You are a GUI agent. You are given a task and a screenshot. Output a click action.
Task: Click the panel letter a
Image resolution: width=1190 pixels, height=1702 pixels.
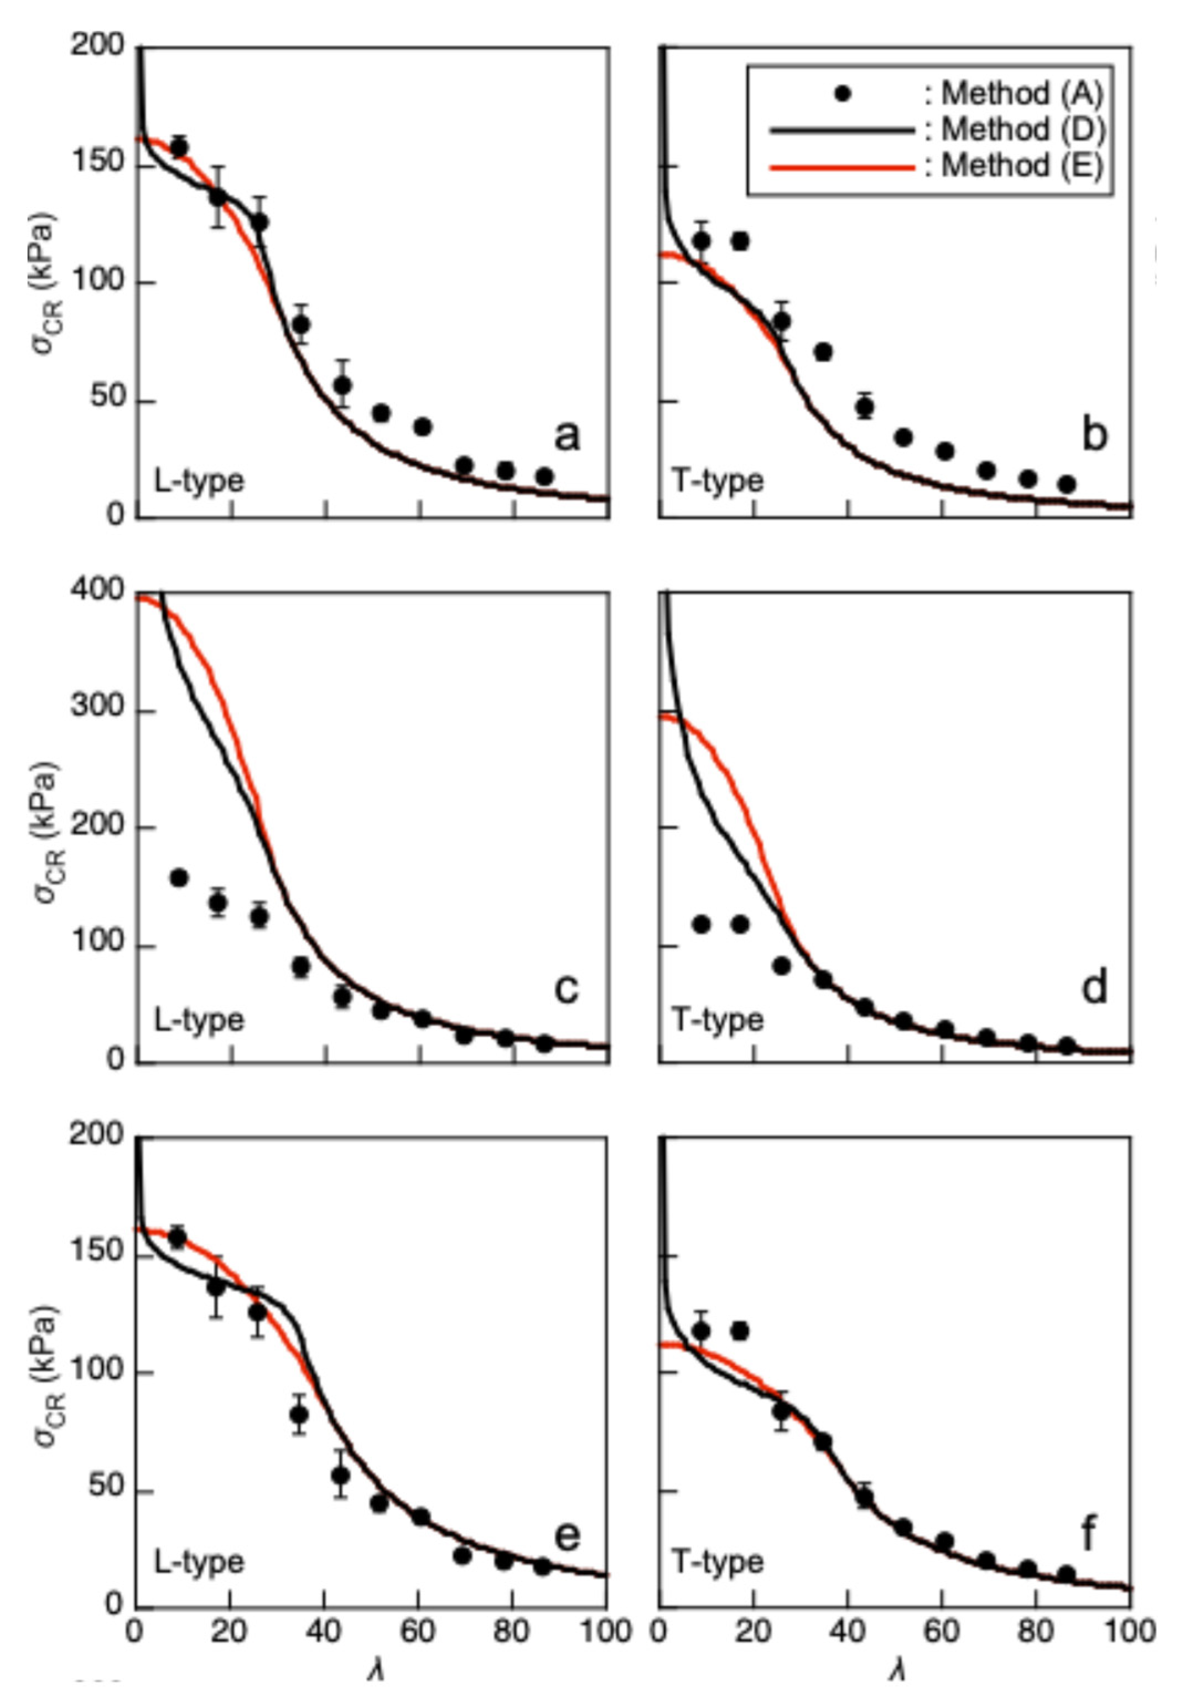point(567,436)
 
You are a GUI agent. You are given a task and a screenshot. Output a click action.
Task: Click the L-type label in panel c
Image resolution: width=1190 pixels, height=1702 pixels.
point(199,1021)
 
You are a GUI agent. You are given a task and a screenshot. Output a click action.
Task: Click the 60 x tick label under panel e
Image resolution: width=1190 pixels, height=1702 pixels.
point(418,1631)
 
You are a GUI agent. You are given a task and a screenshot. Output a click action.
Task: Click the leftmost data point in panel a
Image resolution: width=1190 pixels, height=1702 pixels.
point(179,148)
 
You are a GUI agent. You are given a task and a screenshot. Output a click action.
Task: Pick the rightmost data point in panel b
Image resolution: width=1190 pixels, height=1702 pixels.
point(1066,485)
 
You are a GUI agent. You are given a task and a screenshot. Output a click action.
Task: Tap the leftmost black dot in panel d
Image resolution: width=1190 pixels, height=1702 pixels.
point(701,924)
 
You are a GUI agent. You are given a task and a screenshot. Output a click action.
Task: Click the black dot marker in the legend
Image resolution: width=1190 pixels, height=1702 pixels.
point(843,94)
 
